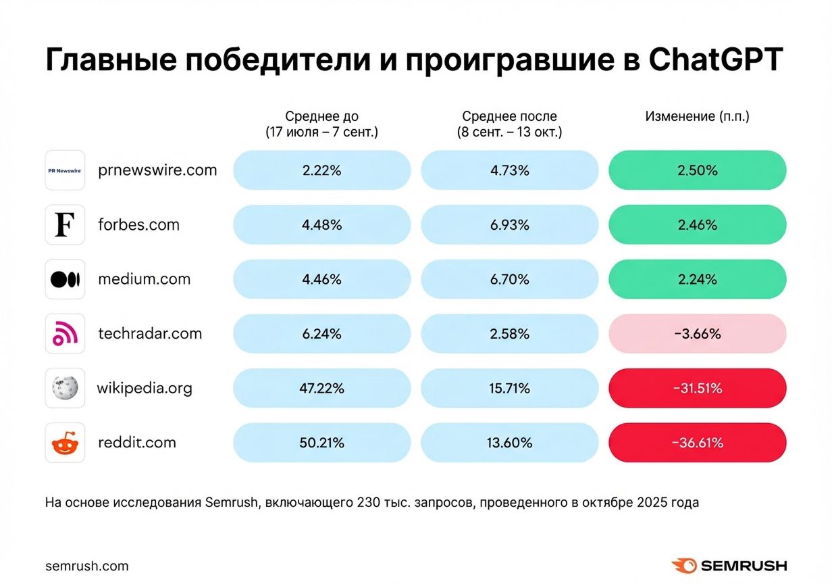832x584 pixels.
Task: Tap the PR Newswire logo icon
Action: (65, 170)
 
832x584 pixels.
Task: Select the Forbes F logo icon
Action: (65, 225)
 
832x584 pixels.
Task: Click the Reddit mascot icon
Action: (65, 443)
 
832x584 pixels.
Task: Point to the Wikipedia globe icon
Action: (65, 388)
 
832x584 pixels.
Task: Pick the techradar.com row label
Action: (150, 333)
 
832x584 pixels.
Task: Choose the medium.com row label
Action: (145, 279)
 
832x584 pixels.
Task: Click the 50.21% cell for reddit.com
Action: (321, 443)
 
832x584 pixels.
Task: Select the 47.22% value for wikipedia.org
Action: (321, 388)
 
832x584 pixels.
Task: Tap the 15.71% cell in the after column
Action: (509, 388)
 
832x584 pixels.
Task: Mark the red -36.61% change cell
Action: (697, 443)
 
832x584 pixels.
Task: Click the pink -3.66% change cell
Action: (697, 333)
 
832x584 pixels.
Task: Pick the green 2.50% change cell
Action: (697, 170)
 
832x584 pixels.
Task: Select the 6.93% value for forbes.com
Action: (509, 225)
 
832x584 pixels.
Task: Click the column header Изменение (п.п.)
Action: (697, 116)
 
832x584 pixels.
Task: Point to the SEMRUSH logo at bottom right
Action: (729, 566)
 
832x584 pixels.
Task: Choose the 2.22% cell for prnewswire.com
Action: (321, 170)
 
